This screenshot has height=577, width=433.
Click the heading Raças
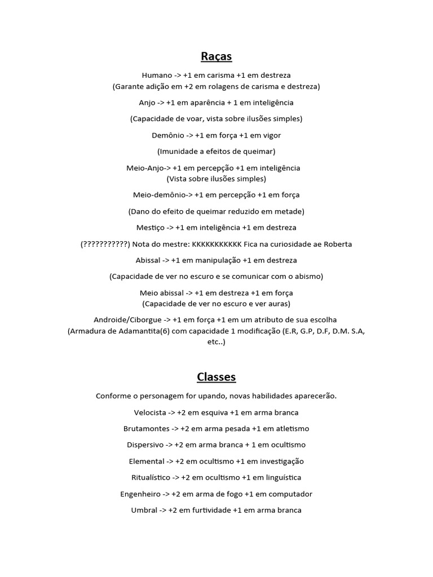[216, 56]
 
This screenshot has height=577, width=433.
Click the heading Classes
[216, 377]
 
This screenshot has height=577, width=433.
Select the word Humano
[157, 75]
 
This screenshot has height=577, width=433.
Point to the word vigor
[271, 135]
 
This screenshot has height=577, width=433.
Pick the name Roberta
[337, 244]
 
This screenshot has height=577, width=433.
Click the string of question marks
[105, 244]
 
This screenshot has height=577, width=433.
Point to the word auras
[279, 304]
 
